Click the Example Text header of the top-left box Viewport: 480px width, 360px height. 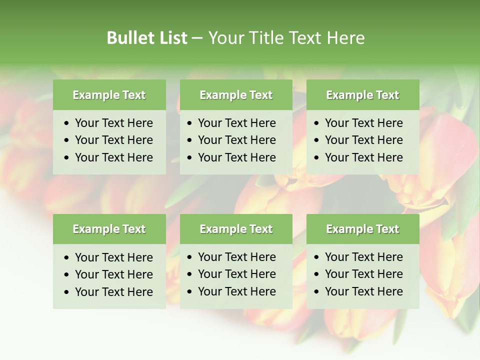point(109,95)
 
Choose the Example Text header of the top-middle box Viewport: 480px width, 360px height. point(236,95)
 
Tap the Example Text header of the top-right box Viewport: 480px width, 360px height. point(362,95)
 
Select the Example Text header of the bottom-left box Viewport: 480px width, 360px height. point(109,229)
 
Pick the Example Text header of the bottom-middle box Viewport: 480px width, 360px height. point(236,229)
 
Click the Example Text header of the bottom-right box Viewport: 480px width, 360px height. point(362,229)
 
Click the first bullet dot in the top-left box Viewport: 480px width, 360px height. point(66,123)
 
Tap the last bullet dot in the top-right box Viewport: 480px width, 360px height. point(316,158)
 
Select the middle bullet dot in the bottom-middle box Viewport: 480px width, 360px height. point(189,274)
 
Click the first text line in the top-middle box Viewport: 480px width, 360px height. point(236,123)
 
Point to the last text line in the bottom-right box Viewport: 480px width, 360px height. point(363,291)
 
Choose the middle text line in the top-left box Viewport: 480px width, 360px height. point(113,140)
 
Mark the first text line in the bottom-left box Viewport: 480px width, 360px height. point(113,257)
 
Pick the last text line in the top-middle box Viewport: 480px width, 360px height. point(236,157)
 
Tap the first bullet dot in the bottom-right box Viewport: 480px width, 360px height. point(316,257)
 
